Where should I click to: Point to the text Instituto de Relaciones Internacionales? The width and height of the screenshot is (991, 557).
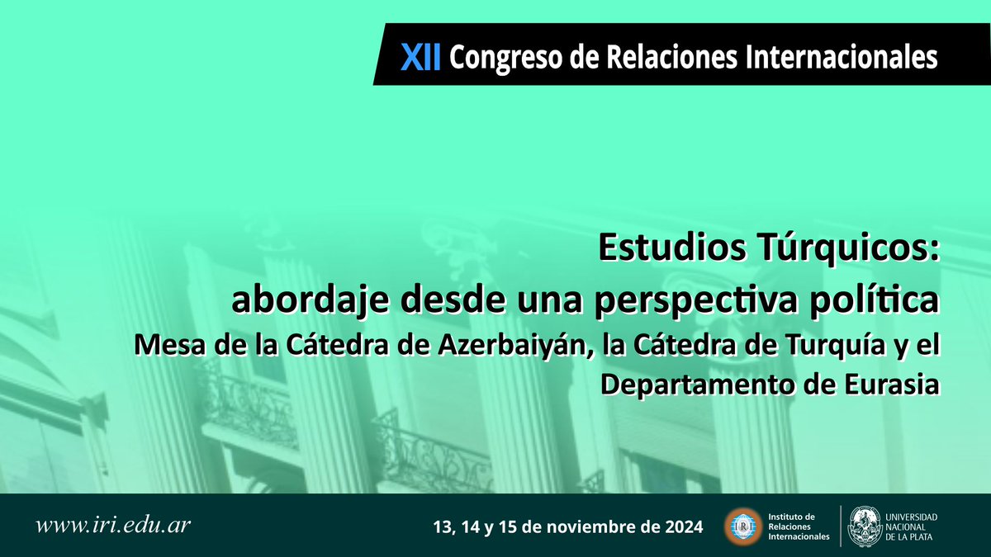pos(799,526)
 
